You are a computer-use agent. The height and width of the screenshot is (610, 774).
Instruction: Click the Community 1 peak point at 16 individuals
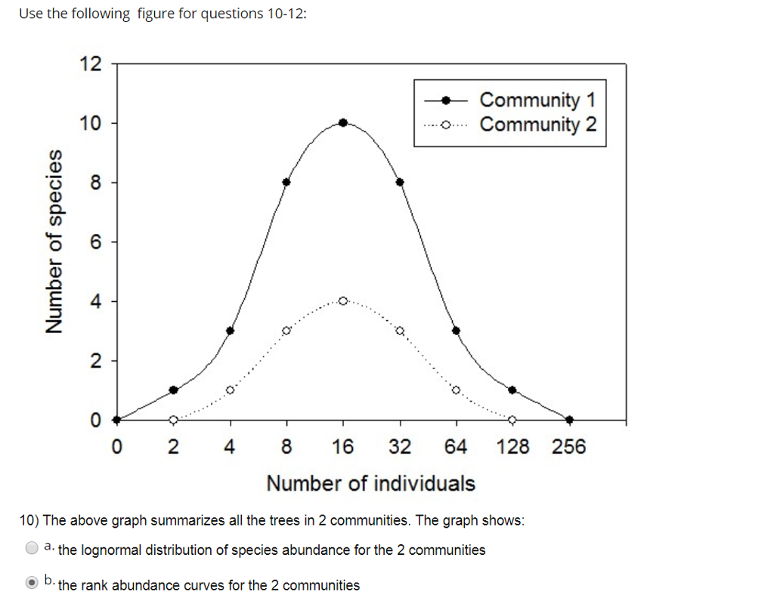click(x=343, y=122)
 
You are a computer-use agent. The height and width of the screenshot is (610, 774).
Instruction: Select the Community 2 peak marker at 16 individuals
click(x=343, y=300)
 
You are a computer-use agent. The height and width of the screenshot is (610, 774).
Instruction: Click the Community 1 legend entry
click(x=537, y=100)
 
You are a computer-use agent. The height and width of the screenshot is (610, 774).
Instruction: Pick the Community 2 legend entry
click(x=537, y=125)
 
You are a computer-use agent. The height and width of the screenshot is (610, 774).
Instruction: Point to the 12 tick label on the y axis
click(x=90, y=63)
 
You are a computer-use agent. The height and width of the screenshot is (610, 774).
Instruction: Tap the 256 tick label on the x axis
click(x=568, y=447)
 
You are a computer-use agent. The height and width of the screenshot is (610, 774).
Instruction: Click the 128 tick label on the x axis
click(x=512, y=447)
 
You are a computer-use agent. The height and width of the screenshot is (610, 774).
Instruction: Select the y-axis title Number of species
click(x=54, y=241)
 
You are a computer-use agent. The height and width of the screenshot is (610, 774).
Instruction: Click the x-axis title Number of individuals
click(x=370, y=483)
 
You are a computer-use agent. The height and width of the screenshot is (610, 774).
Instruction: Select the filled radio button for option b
click(x=32, y=583)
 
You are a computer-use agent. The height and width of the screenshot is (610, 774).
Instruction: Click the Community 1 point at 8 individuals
click(x=286, y=182)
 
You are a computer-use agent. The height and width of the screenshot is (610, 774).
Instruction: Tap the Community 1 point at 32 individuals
click(x=400, y=182)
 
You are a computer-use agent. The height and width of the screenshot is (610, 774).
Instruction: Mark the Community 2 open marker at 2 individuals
click(x=173, y=420)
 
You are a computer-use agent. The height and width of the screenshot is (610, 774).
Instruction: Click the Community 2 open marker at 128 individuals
click(x=512, y=420)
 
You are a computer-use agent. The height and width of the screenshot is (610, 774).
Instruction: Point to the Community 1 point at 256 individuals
click(x=569, y=420)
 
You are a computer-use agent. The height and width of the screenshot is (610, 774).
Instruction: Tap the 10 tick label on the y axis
click(x=90, y=123)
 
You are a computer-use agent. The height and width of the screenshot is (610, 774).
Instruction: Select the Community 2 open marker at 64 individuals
click(x=456, y=390)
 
